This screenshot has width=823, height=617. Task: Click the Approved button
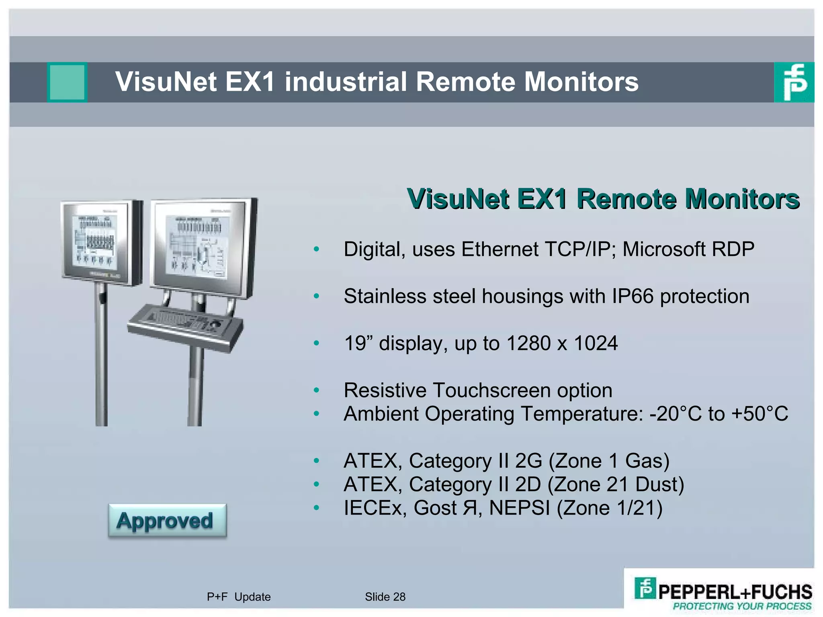point(167,520)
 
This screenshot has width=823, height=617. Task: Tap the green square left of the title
point(68,82)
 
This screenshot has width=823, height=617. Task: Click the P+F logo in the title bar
point(794,82)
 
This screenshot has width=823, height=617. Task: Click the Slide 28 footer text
point(385,597)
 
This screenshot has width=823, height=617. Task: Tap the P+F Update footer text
point(239,597)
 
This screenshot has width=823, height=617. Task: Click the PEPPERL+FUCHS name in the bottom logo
point(735,592)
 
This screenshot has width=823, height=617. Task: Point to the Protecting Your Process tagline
point(742,606)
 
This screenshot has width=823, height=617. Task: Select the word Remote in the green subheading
point(626,199)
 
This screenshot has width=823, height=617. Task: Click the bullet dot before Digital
point(317,249)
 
